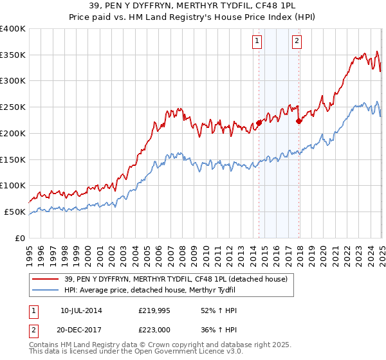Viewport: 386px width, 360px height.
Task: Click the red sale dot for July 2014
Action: (x=259, y=122)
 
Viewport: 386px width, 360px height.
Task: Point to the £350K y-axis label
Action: (x=13, y=55)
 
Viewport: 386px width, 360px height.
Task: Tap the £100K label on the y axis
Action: (x=13, y=186)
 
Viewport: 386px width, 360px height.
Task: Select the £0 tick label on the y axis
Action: (x=19, y=238)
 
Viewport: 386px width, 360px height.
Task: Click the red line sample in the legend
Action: (x=46, y=278)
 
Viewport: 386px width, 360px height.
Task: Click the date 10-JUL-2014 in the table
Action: (x=81, y=310)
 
